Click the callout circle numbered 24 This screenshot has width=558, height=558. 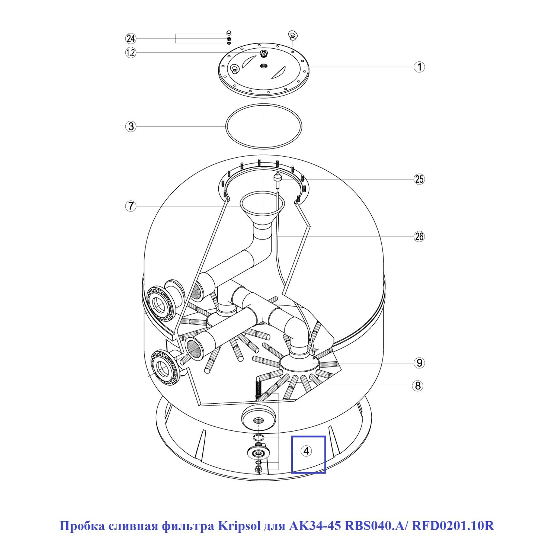coord(131,38)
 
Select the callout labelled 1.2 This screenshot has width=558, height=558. coord(131,52)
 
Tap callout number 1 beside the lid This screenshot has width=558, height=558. coord(419,67)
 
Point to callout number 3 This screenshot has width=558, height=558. coord(131,126)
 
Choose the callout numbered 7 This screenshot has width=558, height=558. coord(131,206)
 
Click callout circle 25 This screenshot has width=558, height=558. coord(419,179)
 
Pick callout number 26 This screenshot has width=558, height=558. coord(419,237)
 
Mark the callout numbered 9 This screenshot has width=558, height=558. coord(419,363)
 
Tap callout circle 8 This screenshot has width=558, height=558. coord(418,386)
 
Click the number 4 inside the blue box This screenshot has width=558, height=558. coord(306,451)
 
